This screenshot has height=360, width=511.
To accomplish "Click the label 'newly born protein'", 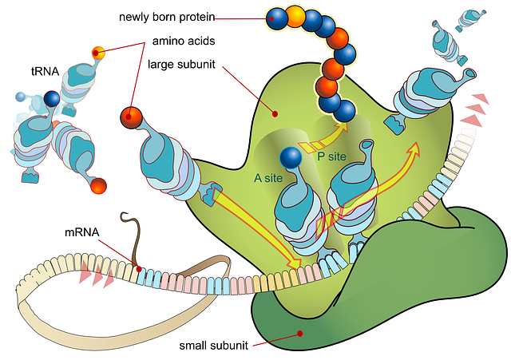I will [165, 17].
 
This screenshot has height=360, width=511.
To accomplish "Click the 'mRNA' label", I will [82, 233].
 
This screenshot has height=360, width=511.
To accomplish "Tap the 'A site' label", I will [269, 178].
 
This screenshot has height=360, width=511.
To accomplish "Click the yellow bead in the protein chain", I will [295, 16].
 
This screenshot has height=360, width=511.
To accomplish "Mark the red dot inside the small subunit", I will [299, 333].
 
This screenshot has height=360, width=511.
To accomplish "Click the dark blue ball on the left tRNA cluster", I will [52, 98].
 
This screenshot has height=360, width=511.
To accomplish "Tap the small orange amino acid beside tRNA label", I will [98, 53].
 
